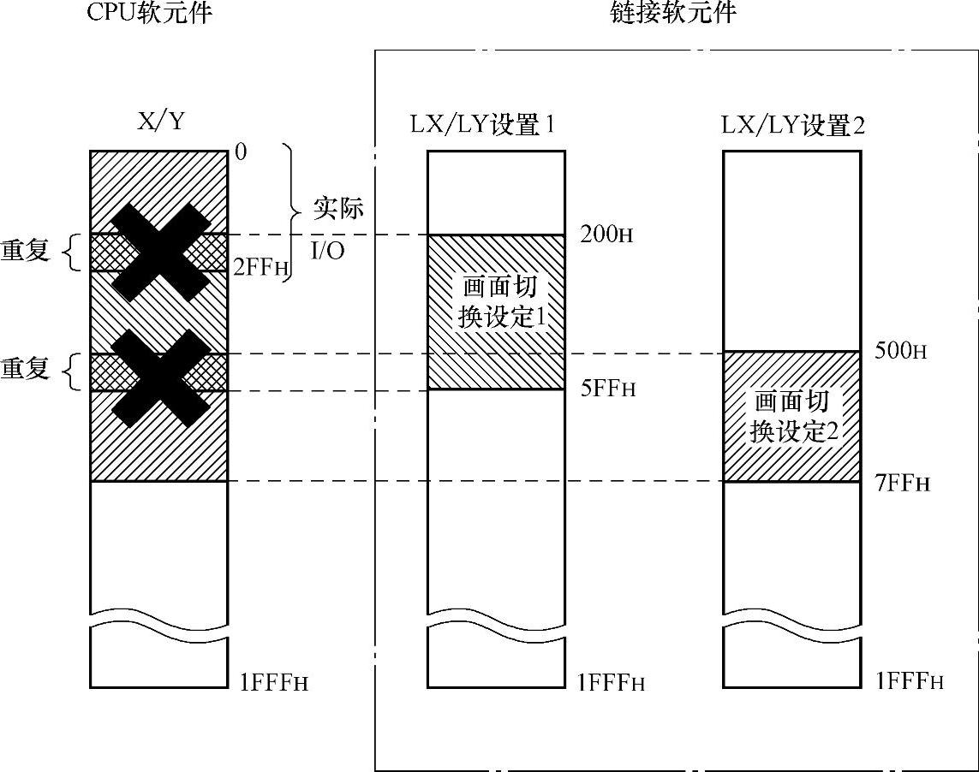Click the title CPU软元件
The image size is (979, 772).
149,14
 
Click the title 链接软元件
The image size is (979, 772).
673,14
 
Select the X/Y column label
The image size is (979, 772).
161,122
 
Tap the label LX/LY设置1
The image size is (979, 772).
482,125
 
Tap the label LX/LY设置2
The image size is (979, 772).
792,125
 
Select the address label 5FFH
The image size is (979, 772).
609,389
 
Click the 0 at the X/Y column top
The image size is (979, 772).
241,152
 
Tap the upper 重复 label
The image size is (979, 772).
25,252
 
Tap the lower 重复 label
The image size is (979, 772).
25,369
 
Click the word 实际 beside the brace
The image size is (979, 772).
338,208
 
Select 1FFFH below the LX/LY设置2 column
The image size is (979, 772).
910,681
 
